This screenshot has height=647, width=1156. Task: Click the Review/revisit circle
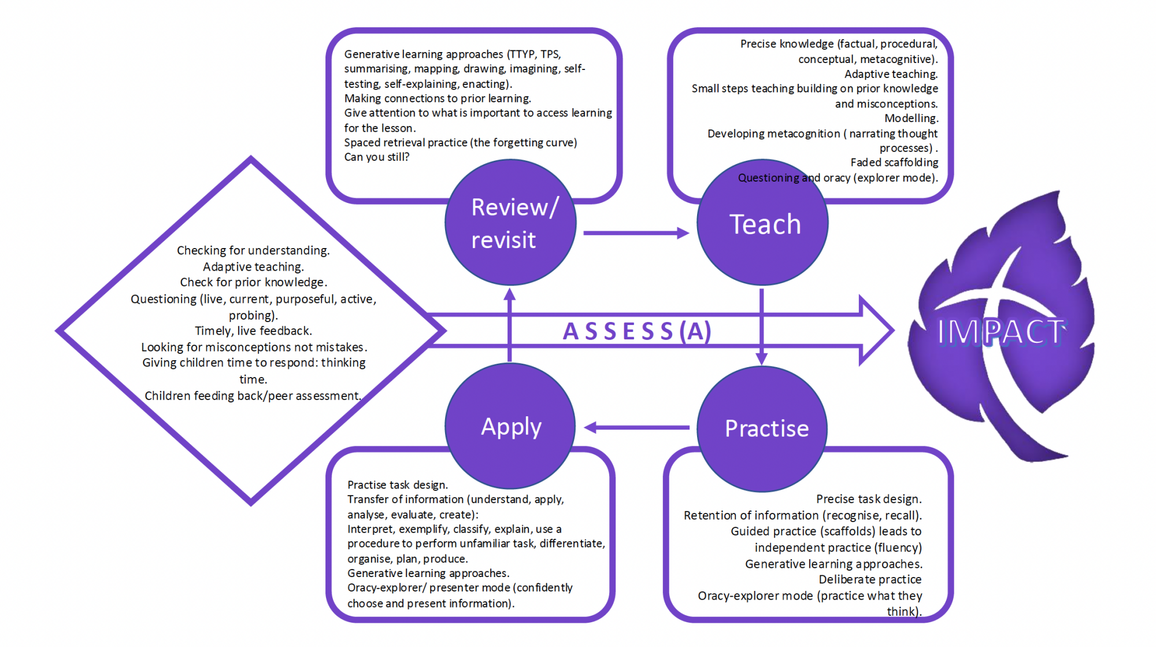click(x=510, y=223)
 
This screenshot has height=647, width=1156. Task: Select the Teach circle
click(x=762, y=223)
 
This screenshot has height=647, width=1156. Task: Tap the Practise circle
click(x=762, y=428)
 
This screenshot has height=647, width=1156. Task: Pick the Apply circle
click(x=510, y=427)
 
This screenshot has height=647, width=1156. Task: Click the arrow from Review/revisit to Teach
click(x=636, y=233)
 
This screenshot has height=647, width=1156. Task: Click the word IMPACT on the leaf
click(x=1001, y=332)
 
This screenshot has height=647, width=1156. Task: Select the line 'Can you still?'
click(x=377, y=157)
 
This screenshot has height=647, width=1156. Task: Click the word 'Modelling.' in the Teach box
click(x=911, y=119)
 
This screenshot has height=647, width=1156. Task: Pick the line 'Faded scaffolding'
click(x=894, y=162)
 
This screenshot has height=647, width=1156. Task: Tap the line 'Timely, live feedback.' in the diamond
click(x=253, y=331)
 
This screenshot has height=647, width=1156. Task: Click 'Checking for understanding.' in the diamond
click(x=253, y=250)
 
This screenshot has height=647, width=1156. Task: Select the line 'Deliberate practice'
click(x=870, y=579)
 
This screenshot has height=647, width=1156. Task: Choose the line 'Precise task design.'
click(x=869, y=499)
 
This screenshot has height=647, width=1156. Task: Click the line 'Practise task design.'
click(x=398, y=485)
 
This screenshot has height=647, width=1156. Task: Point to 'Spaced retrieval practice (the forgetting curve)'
click(x=461, y=142)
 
